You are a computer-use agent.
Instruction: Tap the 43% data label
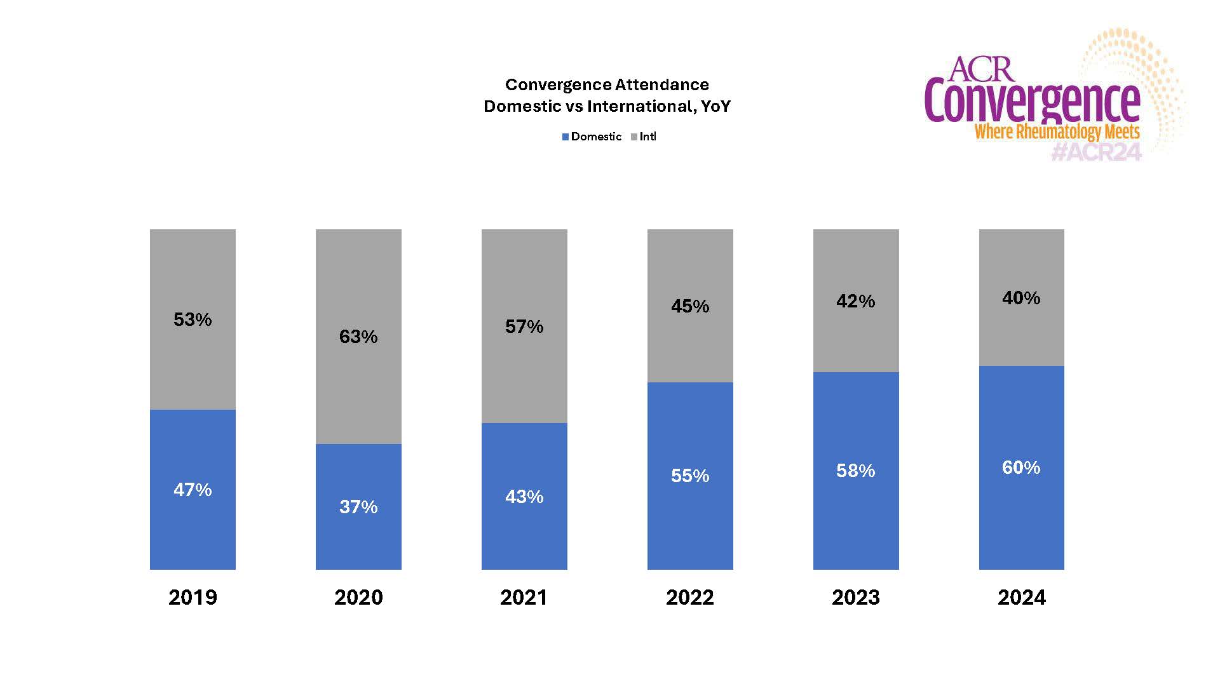(524, 497)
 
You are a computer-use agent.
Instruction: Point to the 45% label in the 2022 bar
(690, 306)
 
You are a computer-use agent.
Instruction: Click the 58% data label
(855, 471)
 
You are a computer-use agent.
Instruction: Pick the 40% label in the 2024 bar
(1021, 298)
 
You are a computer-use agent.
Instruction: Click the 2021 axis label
(524, 597)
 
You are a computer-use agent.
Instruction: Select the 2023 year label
(855, 597)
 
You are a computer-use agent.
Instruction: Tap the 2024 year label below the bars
(1021, 597)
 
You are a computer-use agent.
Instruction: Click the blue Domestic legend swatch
(566, 137)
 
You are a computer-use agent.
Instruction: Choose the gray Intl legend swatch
(634, 137)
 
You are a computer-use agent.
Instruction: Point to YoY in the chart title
(715, 106)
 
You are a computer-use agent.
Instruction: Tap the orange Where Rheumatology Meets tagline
(1057, 132)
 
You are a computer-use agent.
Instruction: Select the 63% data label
(358, 337)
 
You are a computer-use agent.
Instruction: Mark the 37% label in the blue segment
(358, 507)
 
